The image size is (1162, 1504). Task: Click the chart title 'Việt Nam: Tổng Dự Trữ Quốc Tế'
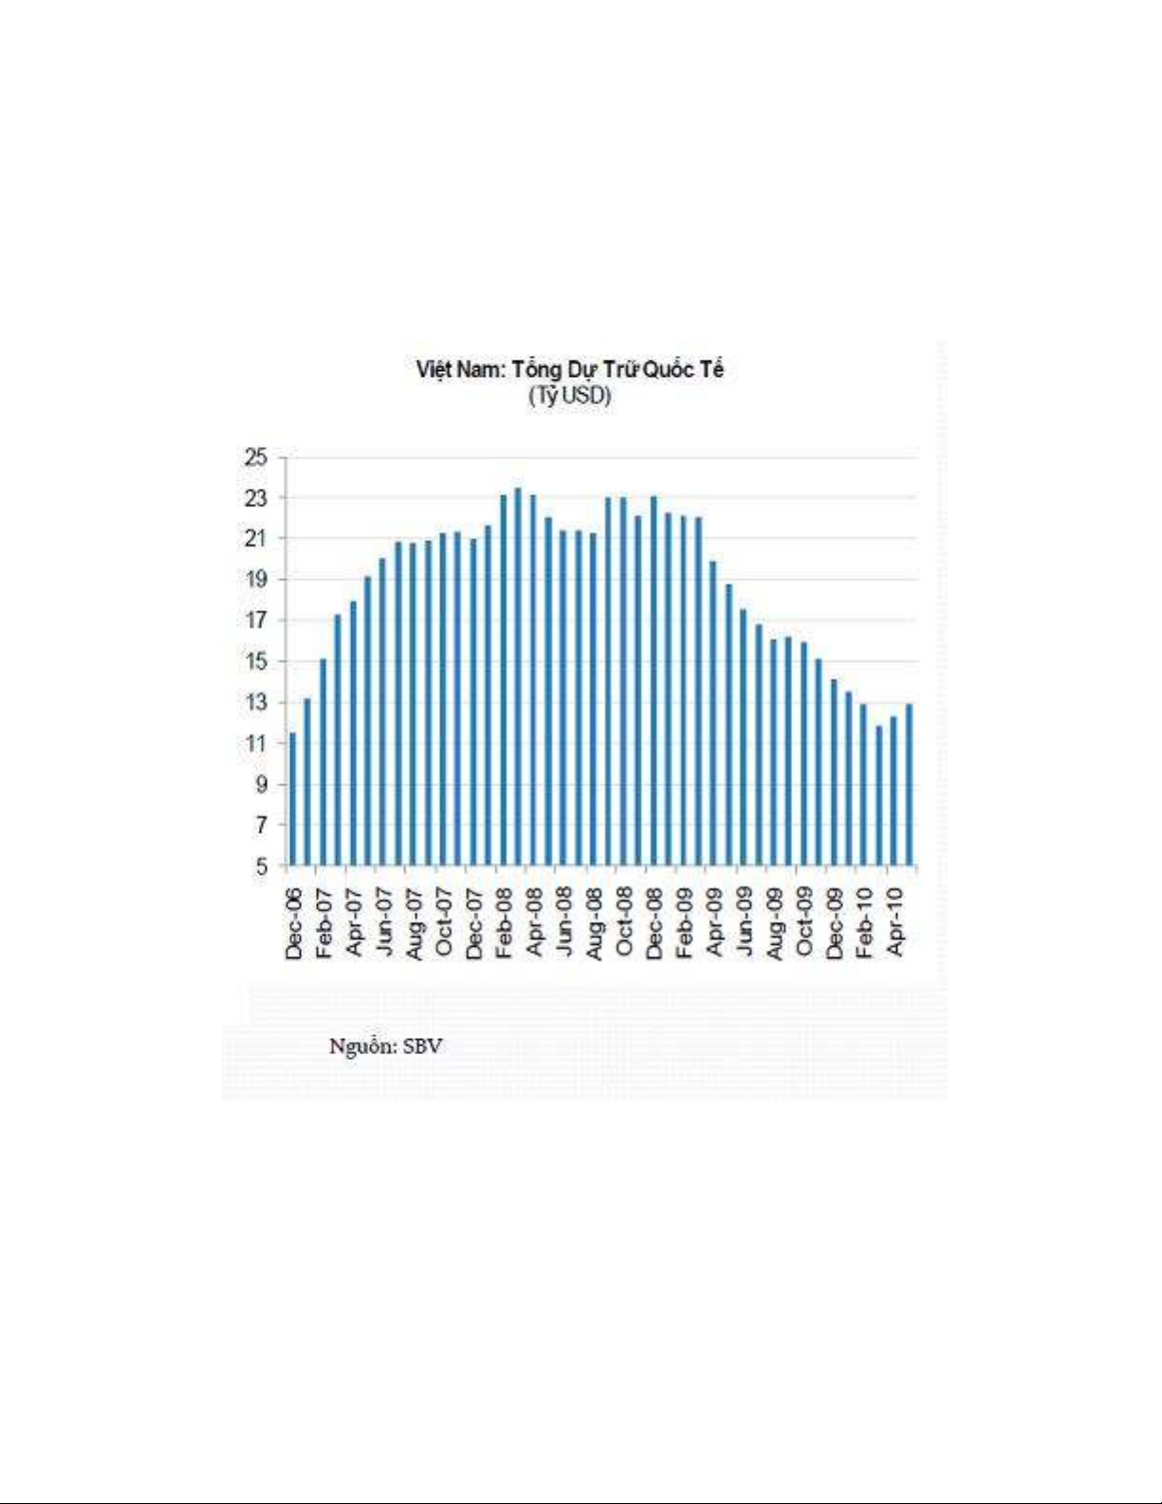569,369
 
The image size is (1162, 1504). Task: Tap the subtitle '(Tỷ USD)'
569,396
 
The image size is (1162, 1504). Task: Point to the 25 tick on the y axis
256,457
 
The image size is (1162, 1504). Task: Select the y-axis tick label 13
256,702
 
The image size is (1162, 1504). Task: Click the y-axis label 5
261,866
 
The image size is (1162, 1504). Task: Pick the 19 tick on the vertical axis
256,580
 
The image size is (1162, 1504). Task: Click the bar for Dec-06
292,799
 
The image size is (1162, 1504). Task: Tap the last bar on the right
909,785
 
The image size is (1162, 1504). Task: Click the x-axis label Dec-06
293,923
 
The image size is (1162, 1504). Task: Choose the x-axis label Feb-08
504,923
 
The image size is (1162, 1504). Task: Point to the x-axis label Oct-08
624,923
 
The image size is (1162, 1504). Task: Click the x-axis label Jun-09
745,923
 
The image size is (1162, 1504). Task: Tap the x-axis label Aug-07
414,923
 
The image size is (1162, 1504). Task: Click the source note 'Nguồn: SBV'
385,1046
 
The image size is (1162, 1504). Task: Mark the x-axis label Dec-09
835,923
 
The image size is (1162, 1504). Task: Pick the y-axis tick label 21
256,539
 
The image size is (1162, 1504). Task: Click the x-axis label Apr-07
354,923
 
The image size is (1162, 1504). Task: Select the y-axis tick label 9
261,785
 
